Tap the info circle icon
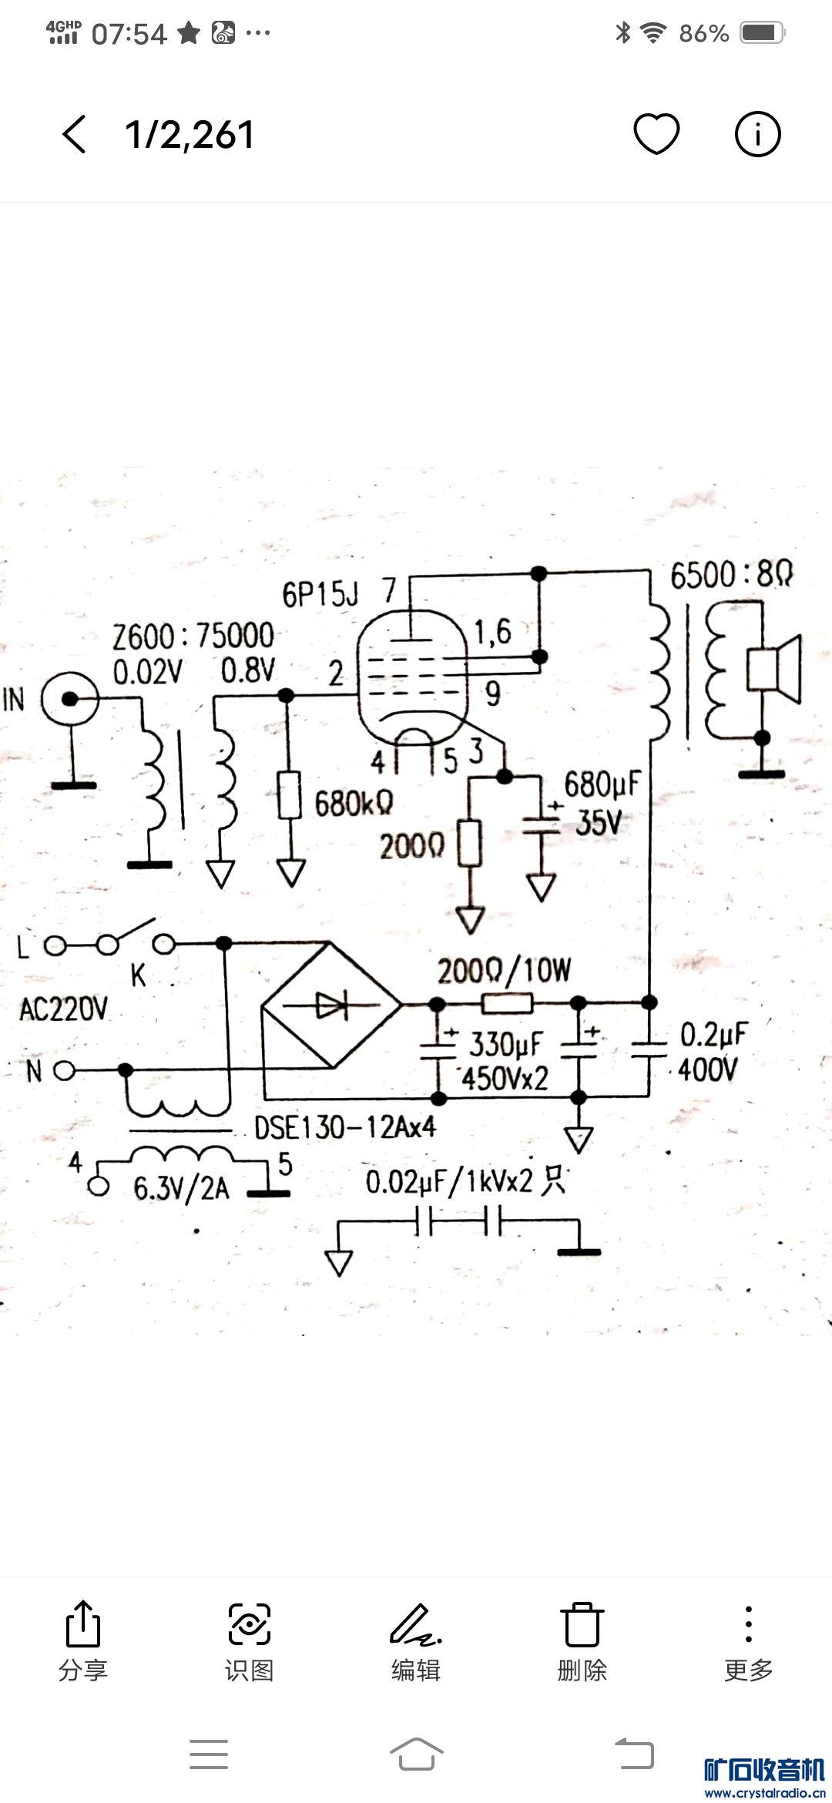[x=757, y=134]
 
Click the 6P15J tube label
[x=320, y=594]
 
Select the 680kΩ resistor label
[x=354, y=804]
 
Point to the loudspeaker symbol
[x=774, y=669]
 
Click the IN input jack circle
[x=70, y=700]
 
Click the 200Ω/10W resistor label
[x=504, y=971]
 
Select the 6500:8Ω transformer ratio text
[x=731, y=576]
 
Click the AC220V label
[x=63, y=1009]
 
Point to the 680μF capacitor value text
[x=602, y=785]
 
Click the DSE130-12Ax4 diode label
[x=345, y=1128]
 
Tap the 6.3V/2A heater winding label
[x=181, y=1188]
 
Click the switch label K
[x=138, y=976]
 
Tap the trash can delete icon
[x=582, y=1624]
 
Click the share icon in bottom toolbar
[x=83, y=1624]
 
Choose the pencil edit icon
[x=414, y=1624]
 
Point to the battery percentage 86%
[x=703, y=33]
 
